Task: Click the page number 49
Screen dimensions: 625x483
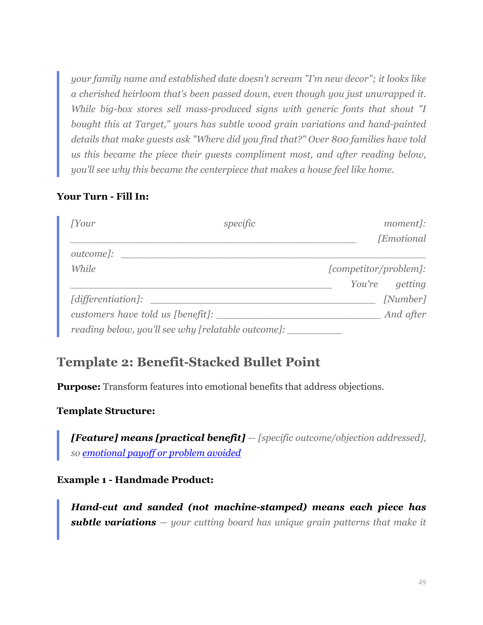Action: pyautogui.click(x=422, y=582)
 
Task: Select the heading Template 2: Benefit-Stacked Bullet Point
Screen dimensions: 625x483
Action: pyautogui.click(x=188, y=362)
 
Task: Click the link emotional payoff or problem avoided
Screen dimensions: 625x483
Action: pyautogui.click(x=161, y=453)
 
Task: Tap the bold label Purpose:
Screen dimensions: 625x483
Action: pyautogui.click(x=78, y=387)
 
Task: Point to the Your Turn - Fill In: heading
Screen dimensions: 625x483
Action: pyautogui.click(x=103, y=196)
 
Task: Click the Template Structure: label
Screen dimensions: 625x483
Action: pyautogui.click(x=106, y=411)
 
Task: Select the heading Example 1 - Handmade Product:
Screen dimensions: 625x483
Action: pyautogui.click(x=135, y=480)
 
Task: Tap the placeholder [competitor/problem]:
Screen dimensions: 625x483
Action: pyautogui.click(x=377, y=269)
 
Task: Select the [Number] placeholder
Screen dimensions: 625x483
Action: pyautogui.click(x=405, y=299)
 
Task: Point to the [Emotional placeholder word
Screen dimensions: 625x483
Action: pyautogui.click(x=402, y=239)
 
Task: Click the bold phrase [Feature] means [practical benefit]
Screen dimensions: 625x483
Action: pyautogui.click(x=158, y=438)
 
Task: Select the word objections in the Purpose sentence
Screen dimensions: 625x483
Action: pyautogui.click(x=361, y=387)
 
